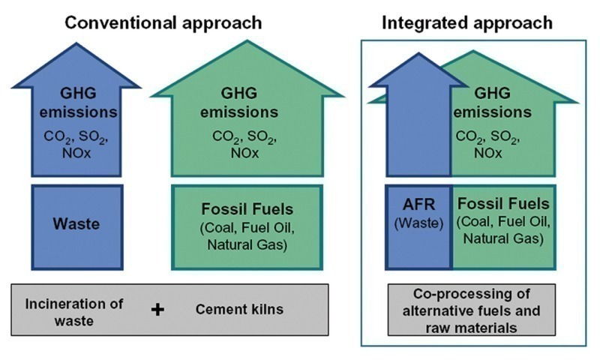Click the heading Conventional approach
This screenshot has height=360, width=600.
coord(163,22)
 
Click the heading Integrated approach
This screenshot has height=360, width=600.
coord(466,22)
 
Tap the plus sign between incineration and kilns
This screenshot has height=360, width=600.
coord(157,309)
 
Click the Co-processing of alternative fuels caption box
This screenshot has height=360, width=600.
coord(472,309)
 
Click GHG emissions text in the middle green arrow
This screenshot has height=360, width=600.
coord(247,103)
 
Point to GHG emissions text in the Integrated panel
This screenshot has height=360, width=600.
coord(504,103)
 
